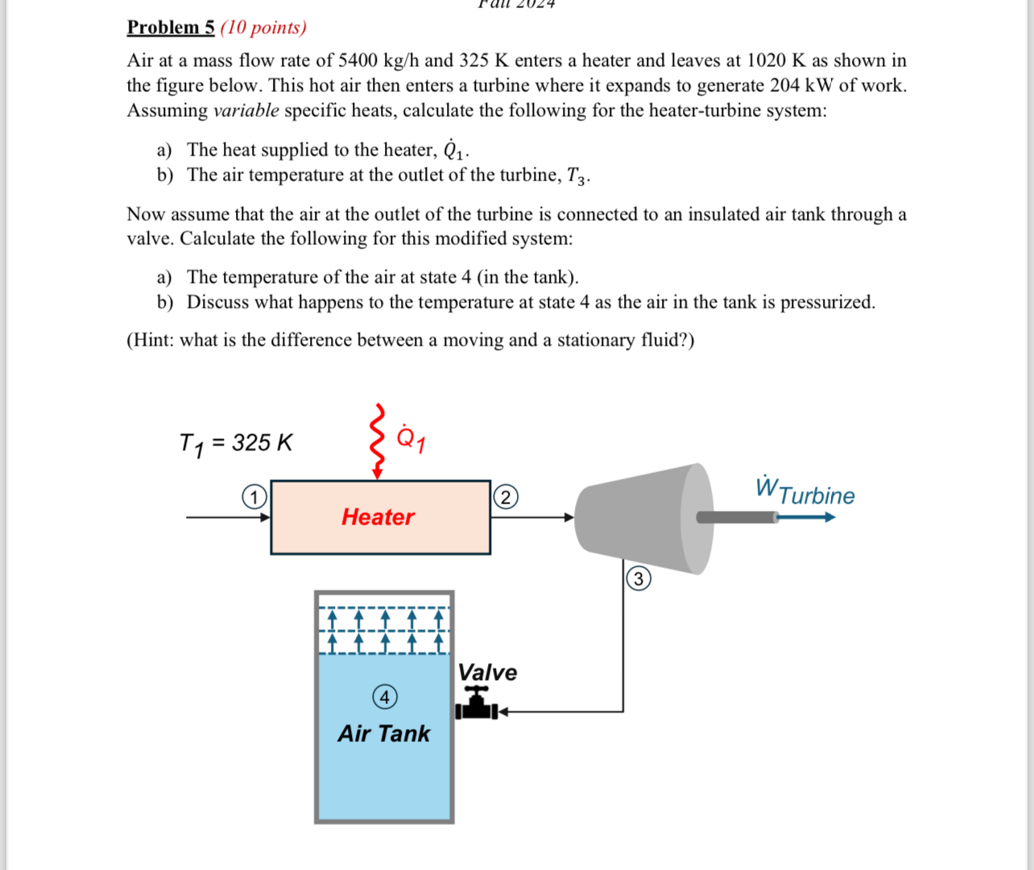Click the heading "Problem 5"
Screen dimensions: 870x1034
coord(171,27)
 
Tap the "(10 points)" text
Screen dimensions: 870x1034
coord(263,27)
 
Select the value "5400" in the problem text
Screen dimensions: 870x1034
coord(358,60)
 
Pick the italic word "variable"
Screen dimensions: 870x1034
coord(246,110)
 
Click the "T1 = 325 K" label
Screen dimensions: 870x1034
coord(236,443)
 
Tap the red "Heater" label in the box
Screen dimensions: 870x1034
coord(378,516)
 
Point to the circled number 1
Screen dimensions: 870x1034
coord(254,497)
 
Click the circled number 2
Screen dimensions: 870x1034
coord(506,497)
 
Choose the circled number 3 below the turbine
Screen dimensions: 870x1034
coord(639,578)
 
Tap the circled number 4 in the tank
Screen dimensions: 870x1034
coord(385,697)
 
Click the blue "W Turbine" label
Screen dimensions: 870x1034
coord(804,491)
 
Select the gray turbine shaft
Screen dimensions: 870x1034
coord(735,517)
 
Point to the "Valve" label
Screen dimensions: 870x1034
coord(487,672)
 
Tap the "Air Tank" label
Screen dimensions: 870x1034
coord(383,733)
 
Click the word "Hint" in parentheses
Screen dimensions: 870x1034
coord(151,340)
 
